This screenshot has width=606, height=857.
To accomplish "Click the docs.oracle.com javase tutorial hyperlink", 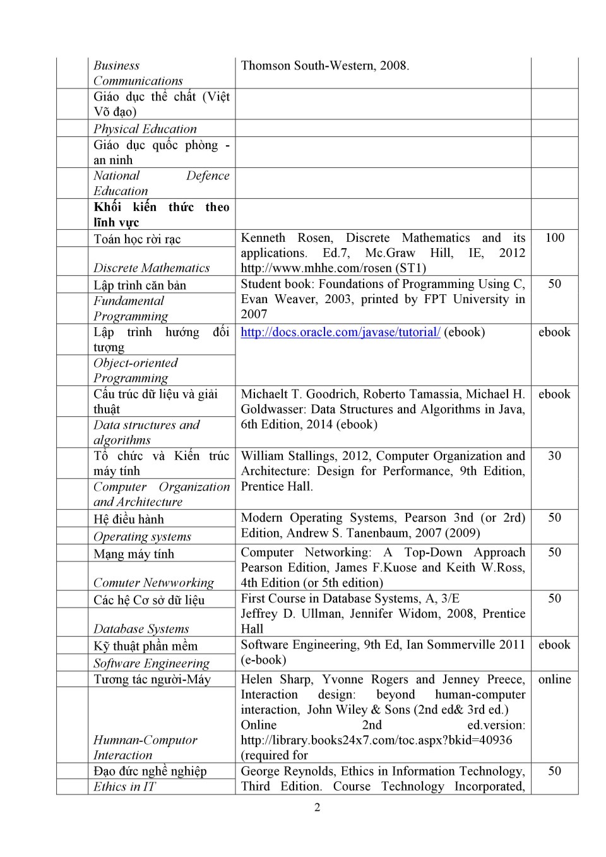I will [340, 332].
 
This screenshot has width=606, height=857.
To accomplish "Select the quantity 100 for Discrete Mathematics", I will [554, 238].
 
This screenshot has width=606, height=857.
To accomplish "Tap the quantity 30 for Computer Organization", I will [554, 456].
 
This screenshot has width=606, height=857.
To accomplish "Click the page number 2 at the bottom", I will [317, 807].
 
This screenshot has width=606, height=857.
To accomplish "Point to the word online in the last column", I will [554, 680].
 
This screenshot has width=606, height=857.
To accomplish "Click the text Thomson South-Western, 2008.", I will [325, 66].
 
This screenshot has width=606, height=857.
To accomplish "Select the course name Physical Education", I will [145, 129].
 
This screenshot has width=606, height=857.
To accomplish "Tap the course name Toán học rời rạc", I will [137, 239].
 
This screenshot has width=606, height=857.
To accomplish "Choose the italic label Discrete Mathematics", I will [151, 268].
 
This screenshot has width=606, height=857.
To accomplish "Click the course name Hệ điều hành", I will [129, 519].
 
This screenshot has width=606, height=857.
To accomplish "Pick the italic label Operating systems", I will [142, 537].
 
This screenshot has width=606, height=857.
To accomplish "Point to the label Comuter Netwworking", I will [153, 583].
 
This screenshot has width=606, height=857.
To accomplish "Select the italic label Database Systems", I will [141, 629].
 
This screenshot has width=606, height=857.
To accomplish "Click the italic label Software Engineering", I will [151, 663].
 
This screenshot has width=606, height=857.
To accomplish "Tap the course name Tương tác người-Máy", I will [152, 680].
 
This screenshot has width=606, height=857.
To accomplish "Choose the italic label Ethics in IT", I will [124, 786].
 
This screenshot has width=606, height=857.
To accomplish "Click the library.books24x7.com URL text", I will [376, 740].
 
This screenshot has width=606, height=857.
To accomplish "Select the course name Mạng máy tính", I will [134, 554].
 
